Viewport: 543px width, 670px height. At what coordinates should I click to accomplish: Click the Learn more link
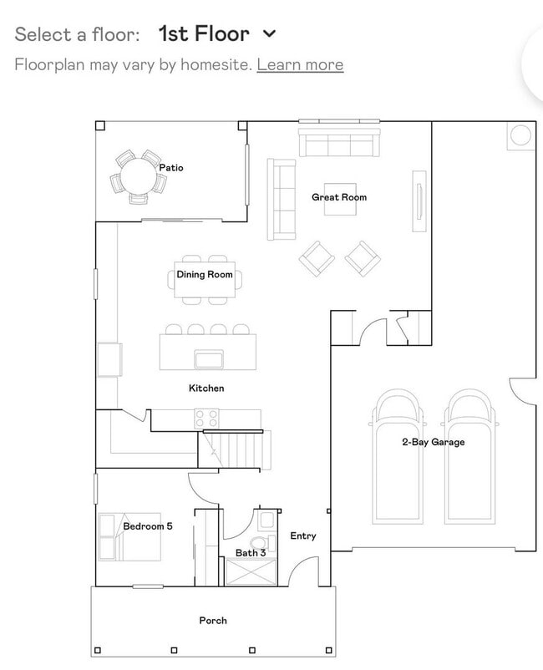(x=300, y=64)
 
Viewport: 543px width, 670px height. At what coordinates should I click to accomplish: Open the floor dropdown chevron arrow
(x=269, y=34)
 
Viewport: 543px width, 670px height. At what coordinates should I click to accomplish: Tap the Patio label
(x=171, y=168)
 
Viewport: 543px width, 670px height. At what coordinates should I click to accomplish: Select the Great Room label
(x=339, y=197)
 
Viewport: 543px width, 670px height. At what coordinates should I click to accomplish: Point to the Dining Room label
(x=204, y=275)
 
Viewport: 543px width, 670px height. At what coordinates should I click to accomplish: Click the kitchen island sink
(x=208, y=359)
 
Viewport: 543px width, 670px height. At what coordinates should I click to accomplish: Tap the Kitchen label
(x=206, y=388)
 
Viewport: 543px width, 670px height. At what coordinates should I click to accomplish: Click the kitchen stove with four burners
(x=206, y=418)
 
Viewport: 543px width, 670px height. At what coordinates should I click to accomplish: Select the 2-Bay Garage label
(x=433, y=442)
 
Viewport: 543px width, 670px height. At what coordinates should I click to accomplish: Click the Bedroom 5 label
(x=148, y=526)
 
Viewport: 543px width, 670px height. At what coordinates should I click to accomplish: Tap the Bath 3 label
(x=251, y=552)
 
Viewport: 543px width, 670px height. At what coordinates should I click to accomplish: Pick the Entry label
(x=302, y=535)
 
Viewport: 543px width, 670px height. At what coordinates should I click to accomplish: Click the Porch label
(x=213, y=620)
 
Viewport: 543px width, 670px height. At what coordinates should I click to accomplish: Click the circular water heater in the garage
(x=520, y=135)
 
